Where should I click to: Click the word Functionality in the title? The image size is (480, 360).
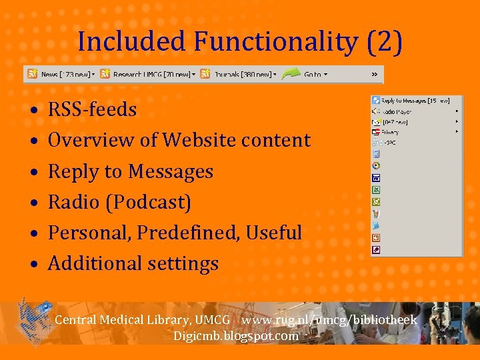point(275,42)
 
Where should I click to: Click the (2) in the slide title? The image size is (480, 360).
point(384,42)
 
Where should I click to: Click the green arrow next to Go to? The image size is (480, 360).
point(291,74)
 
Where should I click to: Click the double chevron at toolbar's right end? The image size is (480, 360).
point(375,74)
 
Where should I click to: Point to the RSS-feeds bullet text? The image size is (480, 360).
point(92,109)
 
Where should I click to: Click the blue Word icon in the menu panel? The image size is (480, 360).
point(376,178)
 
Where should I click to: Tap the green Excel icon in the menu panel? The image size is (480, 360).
point(376,190)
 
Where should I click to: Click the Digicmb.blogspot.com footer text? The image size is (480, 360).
point(236,336)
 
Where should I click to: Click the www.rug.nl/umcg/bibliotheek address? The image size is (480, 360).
point(329,320)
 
